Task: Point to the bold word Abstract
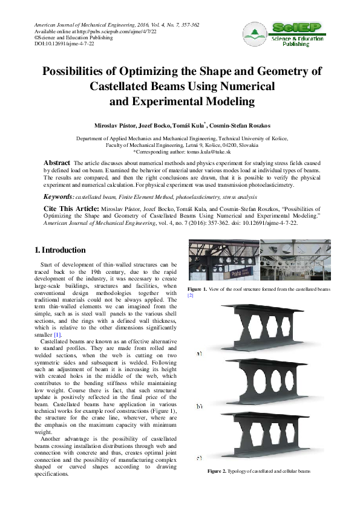tap(57, 163)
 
